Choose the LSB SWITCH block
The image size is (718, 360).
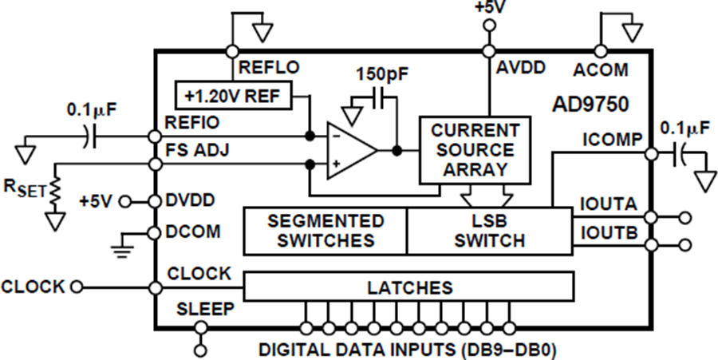pyautogui.click(x=490, y=231)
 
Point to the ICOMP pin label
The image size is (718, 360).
pyautogui.click(x=611, y=140)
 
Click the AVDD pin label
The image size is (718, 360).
pyautogui.click(x=521, y=69)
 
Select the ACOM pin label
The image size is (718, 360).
pyautogui.click(x=600, y=70)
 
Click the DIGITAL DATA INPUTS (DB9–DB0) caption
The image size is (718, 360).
pyautogui.click(x=408, y=348)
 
